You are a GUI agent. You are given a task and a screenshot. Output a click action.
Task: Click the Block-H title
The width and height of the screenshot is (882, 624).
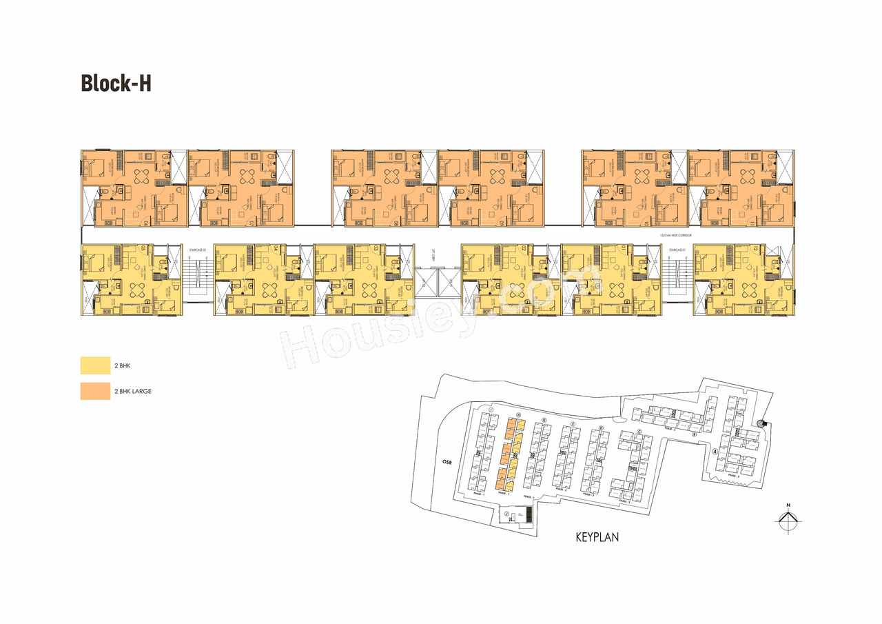coord(116,83)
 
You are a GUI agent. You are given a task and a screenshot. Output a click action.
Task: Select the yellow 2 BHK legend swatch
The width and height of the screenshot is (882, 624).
coord(95,365)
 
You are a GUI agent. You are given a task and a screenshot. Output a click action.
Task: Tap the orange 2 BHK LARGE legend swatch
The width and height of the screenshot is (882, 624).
coord(95,391)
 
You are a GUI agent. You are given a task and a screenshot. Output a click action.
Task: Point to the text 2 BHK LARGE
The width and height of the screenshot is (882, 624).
coord(133,391)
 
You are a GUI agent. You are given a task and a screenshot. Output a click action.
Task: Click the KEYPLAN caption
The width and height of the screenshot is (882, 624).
coord(597,537)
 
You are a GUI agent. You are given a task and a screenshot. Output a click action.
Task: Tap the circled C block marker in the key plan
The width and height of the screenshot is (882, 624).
coord(639,432)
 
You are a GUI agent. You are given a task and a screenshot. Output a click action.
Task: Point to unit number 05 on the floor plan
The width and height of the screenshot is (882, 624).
coord(143,248)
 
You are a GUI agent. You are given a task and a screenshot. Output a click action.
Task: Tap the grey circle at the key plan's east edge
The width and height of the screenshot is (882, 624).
coord(760,423)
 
